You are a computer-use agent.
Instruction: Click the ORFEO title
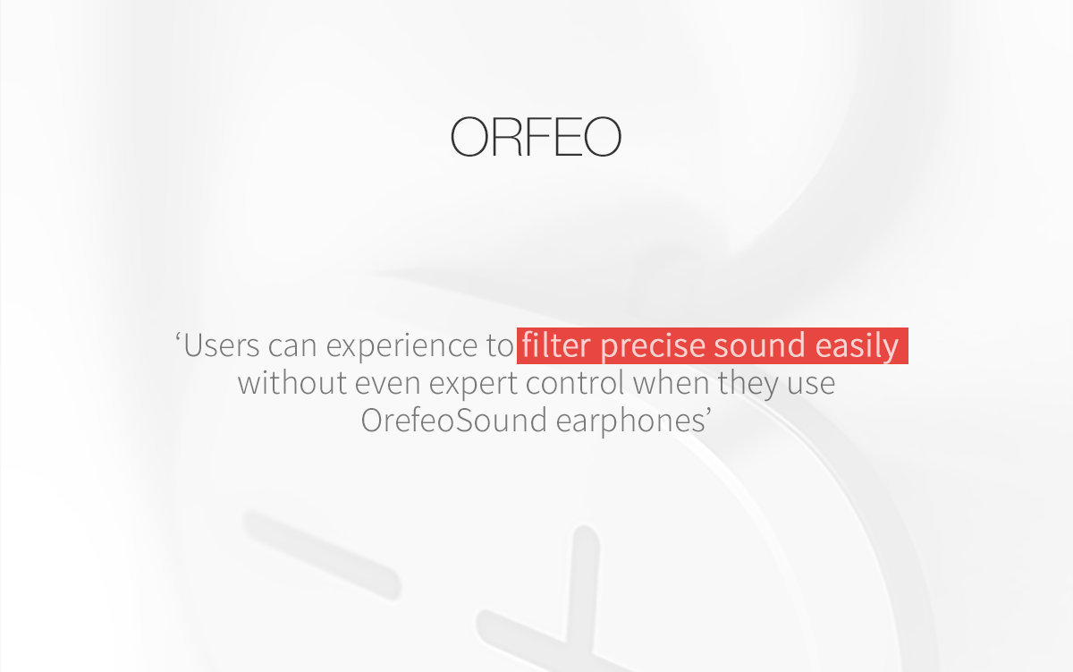(536, 137)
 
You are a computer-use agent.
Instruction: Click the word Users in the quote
(222, 345)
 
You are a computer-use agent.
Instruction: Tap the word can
(292, 346)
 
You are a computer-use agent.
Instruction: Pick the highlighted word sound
(760, 345)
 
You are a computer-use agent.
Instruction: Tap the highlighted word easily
(857, 346)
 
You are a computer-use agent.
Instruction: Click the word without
(292, 383)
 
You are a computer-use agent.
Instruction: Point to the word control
(575, 383)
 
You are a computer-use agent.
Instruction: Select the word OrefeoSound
(453, 420)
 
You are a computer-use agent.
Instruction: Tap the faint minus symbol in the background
(322, 555)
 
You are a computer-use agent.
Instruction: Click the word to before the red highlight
(500, 346)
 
